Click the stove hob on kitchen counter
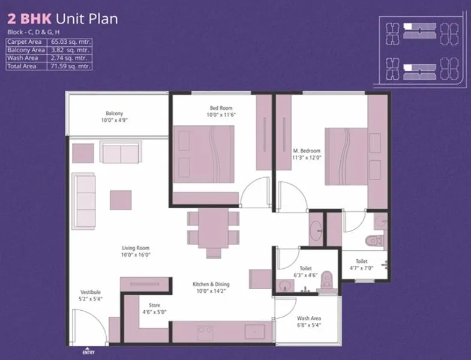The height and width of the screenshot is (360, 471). click(205, 332)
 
